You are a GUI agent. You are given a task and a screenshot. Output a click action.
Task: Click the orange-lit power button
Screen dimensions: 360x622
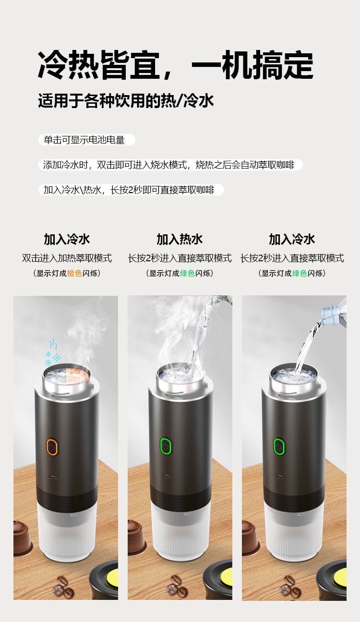coord(52,447)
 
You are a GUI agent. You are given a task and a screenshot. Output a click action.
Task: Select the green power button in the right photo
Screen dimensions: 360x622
coord(279,446)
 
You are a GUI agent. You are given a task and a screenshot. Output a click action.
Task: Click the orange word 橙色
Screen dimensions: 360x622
coord(74,273)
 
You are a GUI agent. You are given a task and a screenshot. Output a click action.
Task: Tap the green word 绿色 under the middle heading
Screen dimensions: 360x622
coord(187,273)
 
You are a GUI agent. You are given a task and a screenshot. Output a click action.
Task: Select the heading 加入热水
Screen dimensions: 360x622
coord(180,239)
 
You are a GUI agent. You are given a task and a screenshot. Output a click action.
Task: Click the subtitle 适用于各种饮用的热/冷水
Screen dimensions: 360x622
coord(126,100)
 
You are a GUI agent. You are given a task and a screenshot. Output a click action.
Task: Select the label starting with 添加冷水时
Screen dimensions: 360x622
coord(170,165)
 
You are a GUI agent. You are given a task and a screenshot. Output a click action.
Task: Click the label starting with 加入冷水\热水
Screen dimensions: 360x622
coord(131,190)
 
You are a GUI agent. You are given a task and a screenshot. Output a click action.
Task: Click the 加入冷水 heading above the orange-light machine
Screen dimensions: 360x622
coord(67,239)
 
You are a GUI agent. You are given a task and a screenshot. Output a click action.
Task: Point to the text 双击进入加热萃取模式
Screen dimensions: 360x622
coord(67,258)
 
